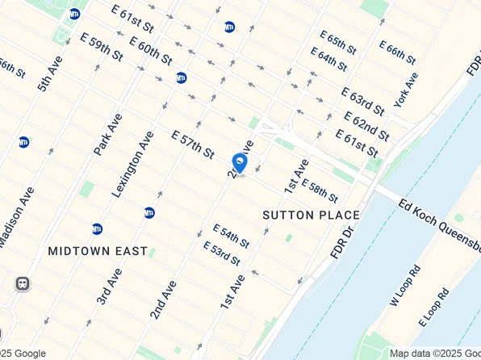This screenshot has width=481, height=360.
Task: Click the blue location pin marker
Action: [x=240, y=163]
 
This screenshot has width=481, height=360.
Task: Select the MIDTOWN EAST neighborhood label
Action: [x=98, y=251]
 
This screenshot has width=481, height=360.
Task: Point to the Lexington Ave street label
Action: [x=132, y=165]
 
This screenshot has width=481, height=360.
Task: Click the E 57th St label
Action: [x=192, y=143]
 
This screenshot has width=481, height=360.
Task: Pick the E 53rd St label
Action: [x=222, y=253]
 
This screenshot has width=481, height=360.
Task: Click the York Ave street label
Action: [x=407, y=90]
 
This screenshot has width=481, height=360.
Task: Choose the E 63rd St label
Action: [x=362, y=103]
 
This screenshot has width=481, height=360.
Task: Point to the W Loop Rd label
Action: [x=405, y=286]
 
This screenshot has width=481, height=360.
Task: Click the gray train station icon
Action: [x=22, y=283]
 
